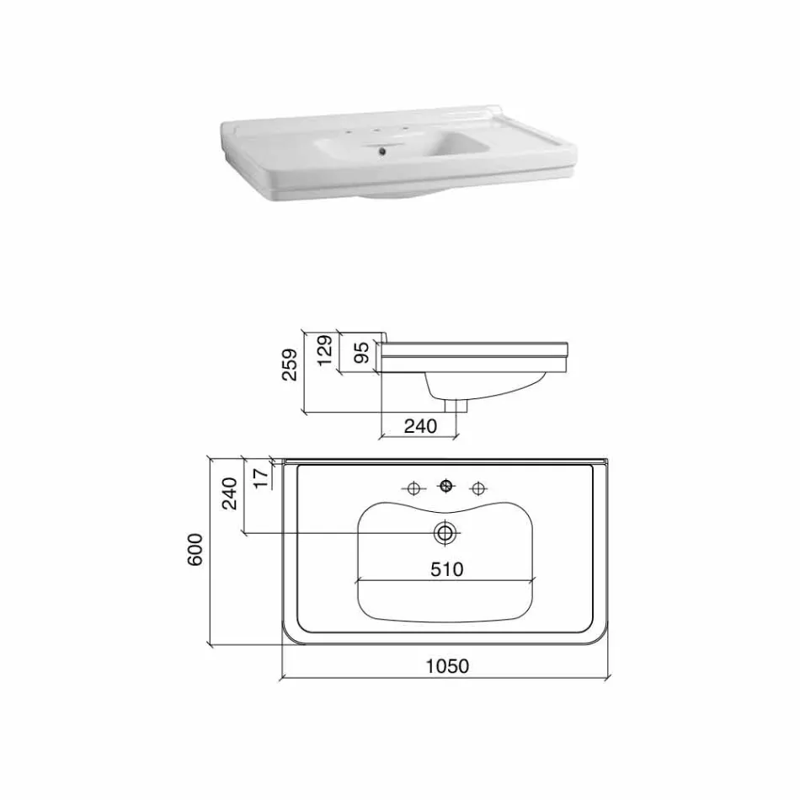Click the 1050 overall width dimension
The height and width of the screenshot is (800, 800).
click(446, 666)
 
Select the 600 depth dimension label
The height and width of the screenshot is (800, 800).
click(195, 551)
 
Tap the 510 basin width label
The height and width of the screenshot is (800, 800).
click(446, 569)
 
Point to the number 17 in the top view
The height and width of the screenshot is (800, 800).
click(260, 477)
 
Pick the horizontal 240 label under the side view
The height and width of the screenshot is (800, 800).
click(420, 426)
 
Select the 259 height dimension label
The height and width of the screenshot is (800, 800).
click(290, 365)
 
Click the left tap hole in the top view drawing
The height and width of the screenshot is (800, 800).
click(413, 488)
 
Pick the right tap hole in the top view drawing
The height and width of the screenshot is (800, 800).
click(479, 488)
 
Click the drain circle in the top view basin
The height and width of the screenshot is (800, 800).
click(445, 532)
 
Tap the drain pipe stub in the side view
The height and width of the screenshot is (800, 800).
click(459, 406)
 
